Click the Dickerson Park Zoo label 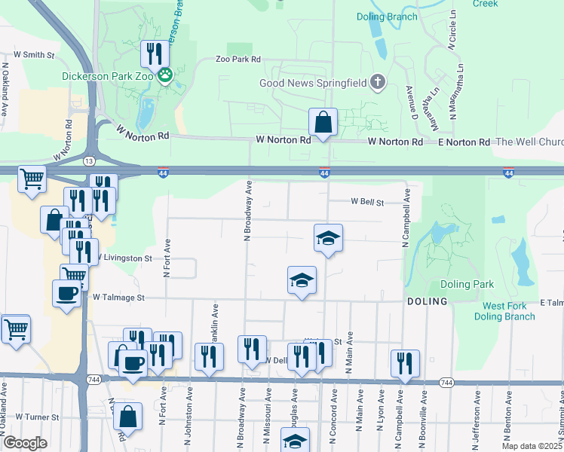108,75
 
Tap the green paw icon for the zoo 166,75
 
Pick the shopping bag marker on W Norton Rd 323,121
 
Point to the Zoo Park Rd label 238,60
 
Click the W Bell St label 367,203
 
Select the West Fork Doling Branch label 504,311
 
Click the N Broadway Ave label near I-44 247,211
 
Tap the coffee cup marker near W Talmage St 66,294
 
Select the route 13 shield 89,161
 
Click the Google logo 25,443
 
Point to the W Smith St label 35,55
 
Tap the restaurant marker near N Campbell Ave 405,362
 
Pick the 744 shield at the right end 446,383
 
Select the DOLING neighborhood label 427,301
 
